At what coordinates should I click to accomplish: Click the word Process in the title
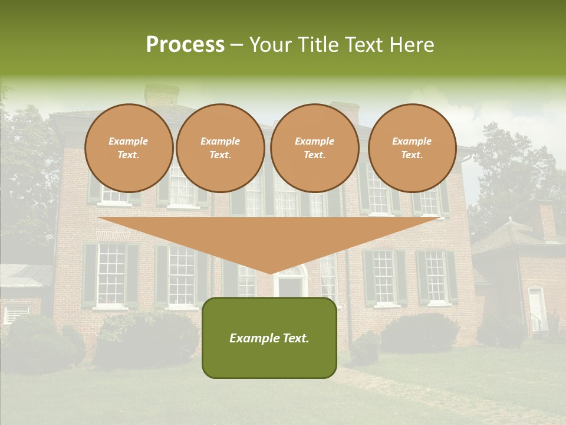click(x=185, y=45)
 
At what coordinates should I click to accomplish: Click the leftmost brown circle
click(x=129, y=148)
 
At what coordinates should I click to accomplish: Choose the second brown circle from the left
click(x=221, y=148)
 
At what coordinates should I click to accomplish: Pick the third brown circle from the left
click(x=315, y=148)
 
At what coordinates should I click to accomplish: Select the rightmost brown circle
click(x=412, y=148)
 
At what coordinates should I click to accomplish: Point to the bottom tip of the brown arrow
click(x=270, y=273)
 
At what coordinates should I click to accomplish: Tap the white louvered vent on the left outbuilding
click(x=16, y=313)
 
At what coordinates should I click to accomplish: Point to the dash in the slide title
click(x=237, y=45)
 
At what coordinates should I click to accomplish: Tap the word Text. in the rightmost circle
click(x=412, y=155)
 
